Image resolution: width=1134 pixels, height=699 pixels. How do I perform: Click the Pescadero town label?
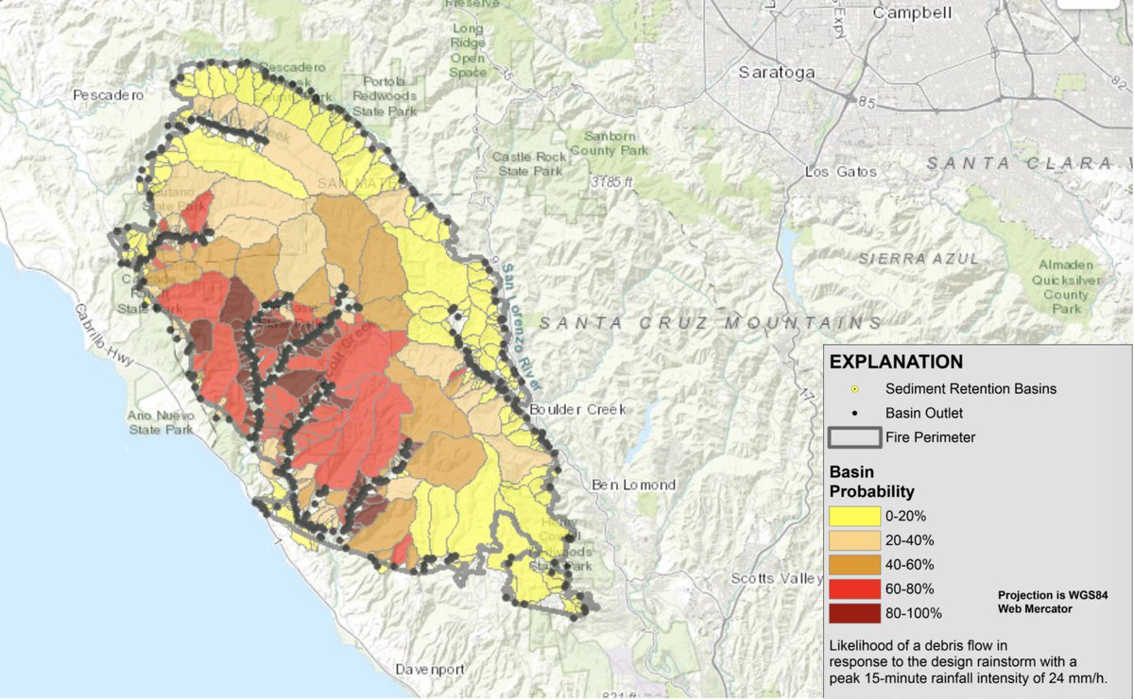[x=107, y=95]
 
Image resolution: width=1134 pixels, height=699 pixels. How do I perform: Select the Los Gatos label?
[x=840, y=172]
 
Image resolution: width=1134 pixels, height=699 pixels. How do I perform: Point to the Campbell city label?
[x=913, y=13]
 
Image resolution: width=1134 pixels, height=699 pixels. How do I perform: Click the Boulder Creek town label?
[x=577, y=409]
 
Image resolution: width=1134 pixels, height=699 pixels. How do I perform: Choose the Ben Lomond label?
[x=633, y=485]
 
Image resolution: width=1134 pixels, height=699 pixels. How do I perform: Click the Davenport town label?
[x=430, y=669]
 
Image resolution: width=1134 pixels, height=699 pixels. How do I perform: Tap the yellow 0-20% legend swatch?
[x=853, y=517]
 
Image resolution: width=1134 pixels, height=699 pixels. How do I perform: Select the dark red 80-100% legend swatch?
[x=853, y=613]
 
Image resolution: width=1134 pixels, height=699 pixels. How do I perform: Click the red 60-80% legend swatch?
[x=853, y=588]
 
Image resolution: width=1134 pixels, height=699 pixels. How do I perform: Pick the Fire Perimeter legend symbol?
[x=854, y=437]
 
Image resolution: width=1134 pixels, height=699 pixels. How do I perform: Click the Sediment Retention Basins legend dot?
[x=854, y=388]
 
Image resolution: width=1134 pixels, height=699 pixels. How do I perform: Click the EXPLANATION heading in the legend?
[x=896, y=362]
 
